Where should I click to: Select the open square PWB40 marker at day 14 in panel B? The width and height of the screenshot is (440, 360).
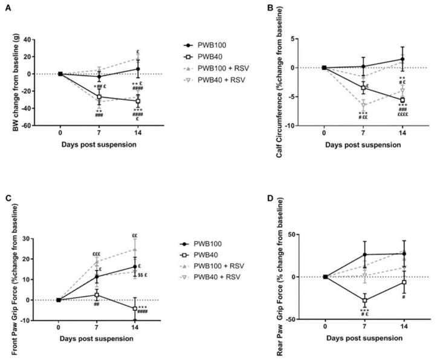402,100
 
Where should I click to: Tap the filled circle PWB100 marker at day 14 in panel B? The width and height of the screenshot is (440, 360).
402,59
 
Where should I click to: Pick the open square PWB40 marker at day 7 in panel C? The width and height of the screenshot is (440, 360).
97,295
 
